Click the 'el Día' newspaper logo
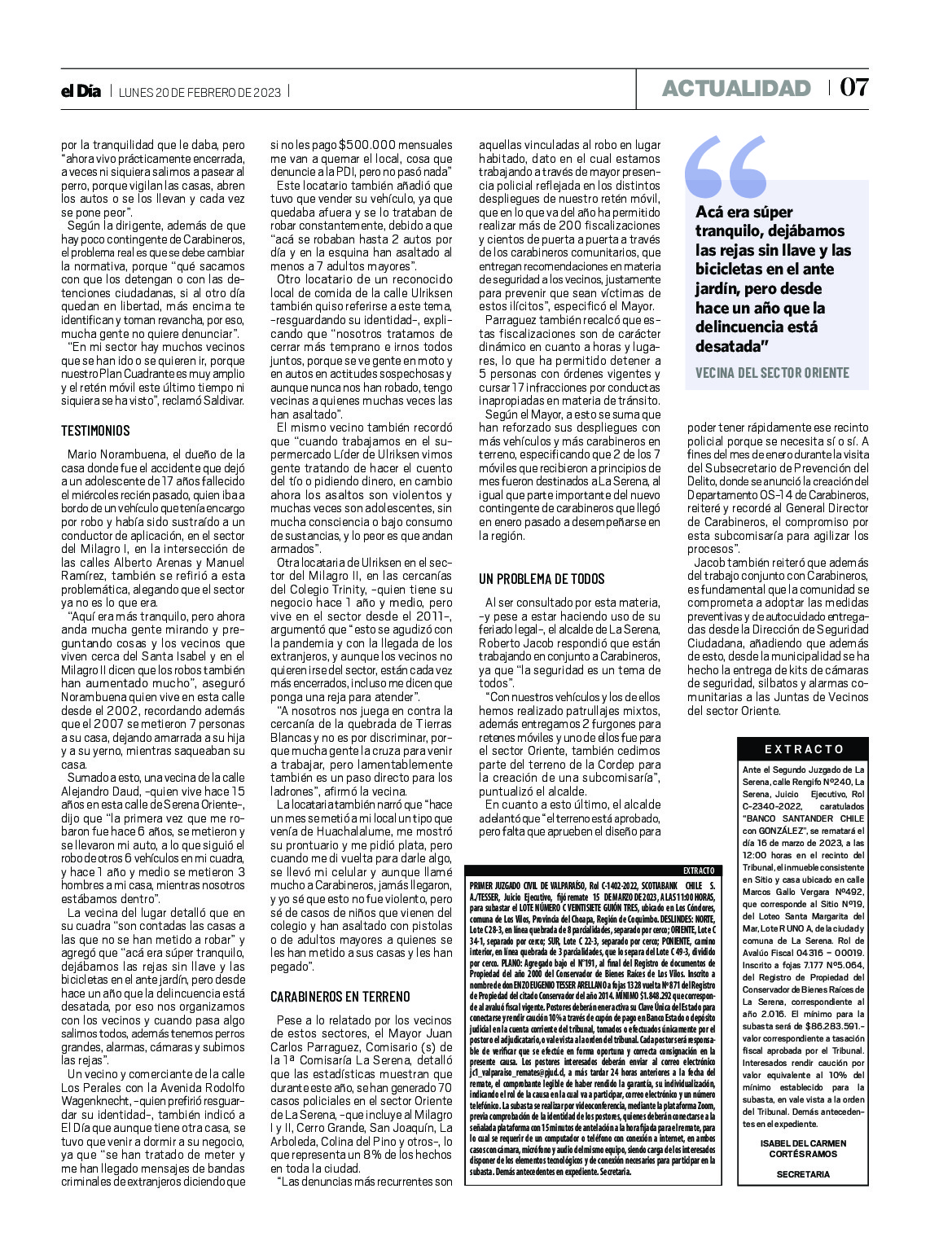tap(81, 91)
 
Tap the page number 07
tap(853, 87)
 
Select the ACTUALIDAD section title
tap(736, 88)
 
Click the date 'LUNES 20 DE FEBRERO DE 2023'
tap(200, 92)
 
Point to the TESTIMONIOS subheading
tap(95, 431)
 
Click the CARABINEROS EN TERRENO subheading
tap(340, 997)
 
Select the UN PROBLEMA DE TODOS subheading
tap(542, 579)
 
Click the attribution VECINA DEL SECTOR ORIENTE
tap(772, 373)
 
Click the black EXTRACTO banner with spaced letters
tap(804, 749)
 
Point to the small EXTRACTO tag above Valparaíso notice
tap(700, 871)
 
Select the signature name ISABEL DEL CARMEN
tap(803, 1143)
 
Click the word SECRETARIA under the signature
tap(803, 1174)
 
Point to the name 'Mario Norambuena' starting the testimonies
tap(112, 454)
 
